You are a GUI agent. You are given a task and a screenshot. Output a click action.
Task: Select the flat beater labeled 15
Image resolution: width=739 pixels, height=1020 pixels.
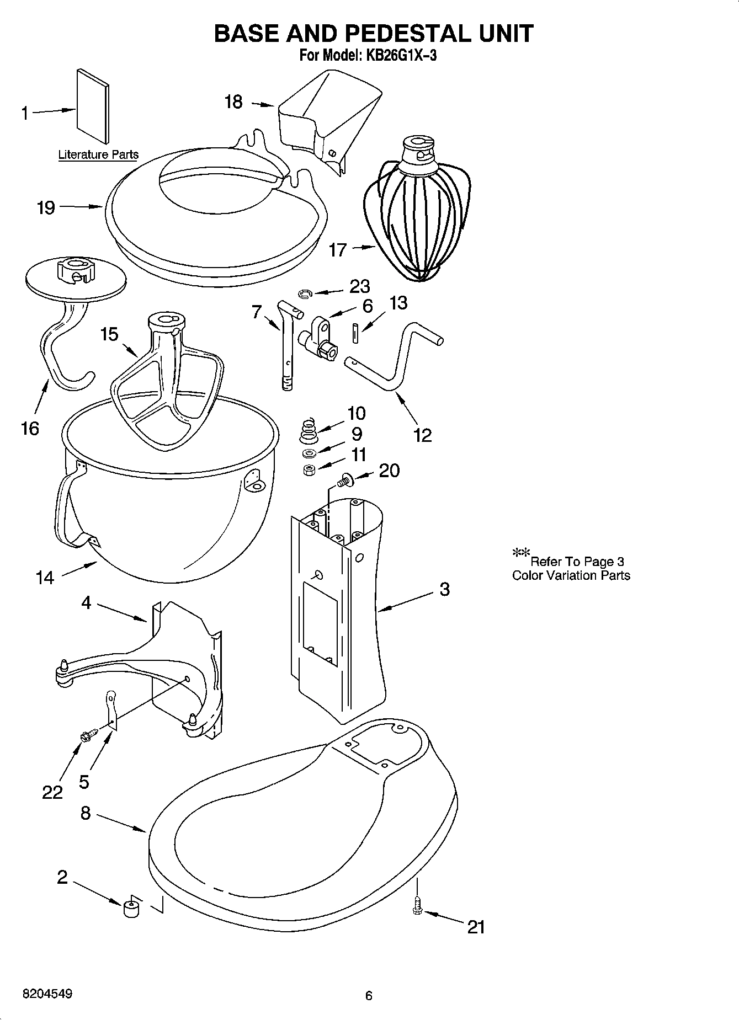point(166,375)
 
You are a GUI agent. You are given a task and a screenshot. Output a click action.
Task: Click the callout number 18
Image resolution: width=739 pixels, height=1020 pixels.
point(233,102)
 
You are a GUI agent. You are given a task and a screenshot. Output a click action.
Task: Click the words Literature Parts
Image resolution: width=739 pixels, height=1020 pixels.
point(98,155)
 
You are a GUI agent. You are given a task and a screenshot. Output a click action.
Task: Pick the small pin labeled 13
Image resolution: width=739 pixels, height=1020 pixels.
point(355,333)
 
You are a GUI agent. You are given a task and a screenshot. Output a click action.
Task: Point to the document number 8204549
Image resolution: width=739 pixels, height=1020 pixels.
point(47,994)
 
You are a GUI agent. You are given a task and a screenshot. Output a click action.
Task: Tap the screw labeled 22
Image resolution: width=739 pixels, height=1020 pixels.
point(88,734)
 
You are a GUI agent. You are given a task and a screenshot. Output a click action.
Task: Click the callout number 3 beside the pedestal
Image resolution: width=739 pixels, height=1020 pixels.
point(445,589)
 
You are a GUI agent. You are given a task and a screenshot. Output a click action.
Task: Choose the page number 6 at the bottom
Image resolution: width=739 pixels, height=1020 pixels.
point(369,996)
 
